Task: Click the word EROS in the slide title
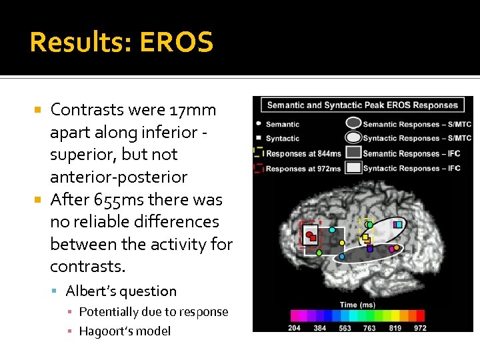[x=177, y=43]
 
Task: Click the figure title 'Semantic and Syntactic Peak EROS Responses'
[x=363, y=105]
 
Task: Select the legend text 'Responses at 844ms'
[x=303, y=153]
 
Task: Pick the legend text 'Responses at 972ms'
[x=303, y=169]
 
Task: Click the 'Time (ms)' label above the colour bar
[x=358, y=304]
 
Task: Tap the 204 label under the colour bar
[x=295, y=328]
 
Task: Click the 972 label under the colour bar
[x=420, y=328]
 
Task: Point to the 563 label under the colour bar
[x=345, y=328]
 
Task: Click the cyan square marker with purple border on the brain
[x=398, y=225]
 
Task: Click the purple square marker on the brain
[x=370, y=249]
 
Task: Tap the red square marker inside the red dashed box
[x=309, y=235]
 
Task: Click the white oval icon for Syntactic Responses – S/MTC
[x=353, y=138]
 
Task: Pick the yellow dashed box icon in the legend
[x=258, y=153]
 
